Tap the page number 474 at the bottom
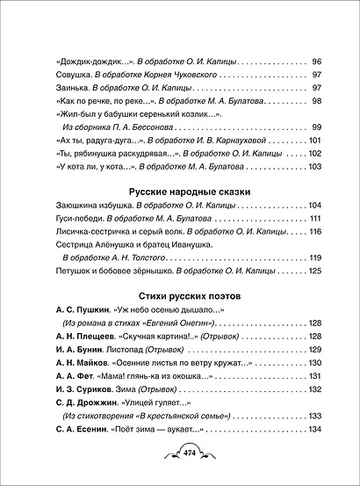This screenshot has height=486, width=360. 179,453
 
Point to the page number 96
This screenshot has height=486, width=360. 316,62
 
